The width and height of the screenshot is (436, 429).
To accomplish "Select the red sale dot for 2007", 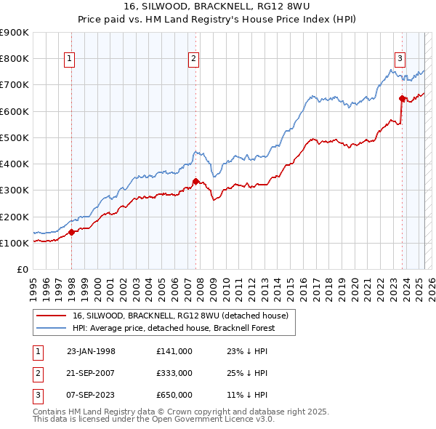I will tap(195, 182).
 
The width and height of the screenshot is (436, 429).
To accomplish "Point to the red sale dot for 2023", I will tap(402, 98).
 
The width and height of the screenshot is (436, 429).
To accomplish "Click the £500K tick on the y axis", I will tap(15, 137).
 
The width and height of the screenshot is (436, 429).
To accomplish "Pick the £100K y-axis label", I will tap(15, 243).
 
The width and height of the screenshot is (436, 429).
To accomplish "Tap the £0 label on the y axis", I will tap(23, 270).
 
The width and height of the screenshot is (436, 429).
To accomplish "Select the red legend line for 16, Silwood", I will tap(51, 316).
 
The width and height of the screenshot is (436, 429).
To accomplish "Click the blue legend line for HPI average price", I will tap(51, 328).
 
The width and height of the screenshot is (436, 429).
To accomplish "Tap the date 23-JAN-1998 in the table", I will tap(91, 351).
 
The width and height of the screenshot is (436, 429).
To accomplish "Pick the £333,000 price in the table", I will tap(174, 373).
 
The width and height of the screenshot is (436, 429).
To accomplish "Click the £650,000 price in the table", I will tap(174, 395).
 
